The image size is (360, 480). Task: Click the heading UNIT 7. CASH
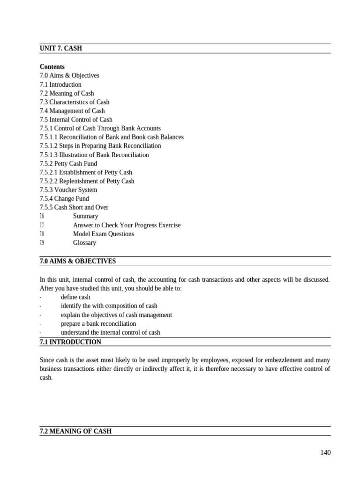(61, 48)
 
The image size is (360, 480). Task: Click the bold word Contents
(52, 67)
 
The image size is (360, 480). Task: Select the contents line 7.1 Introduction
(60, 84)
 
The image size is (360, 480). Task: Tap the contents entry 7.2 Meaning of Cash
(67, 93)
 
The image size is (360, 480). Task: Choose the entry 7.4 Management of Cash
(72, 111)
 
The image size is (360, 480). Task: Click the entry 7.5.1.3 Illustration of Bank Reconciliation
(94, 155)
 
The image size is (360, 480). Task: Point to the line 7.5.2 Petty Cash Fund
(68, 164)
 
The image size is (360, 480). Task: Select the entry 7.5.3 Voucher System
(68, 190)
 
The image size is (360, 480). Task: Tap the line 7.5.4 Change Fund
(64, 199)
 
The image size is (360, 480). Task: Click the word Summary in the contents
(85, 216)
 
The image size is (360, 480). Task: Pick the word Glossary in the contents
(84, 243)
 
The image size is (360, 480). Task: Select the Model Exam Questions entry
(103, 234)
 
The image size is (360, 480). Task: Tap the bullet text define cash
(75, 297)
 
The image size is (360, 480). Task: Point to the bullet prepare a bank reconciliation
(98, 323)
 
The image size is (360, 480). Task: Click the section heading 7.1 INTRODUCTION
(70, 342)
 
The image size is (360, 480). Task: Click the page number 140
(325, 452)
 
